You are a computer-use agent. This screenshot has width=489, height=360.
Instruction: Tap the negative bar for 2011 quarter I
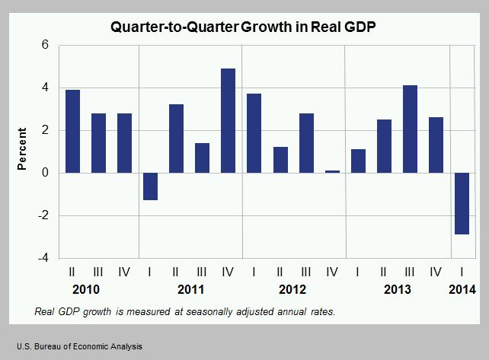point(150,186)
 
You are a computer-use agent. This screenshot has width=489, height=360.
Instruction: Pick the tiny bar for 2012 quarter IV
point(332,172)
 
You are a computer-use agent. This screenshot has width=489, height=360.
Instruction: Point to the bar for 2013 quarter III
point(411,129)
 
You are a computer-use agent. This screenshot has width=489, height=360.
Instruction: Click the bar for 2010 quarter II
point(72,131)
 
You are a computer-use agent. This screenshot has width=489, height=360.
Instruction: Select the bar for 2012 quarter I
point(254,133)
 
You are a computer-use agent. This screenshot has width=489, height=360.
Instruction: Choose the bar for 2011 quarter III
point(202,158)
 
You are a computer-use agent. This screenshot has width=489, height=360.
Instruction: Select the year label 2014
point(462,290)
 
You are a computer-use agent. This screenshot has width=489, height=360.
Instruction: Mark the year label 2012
point(292,290)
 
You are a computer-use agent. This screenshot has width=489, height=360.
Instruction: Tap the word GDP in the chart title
point(364,24)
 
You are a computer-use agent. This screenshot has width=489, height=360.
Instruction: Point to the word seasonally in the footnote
point(194,312)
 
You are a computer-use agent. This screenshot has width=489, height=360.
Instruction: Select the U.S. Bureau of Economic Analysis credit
point(74,346)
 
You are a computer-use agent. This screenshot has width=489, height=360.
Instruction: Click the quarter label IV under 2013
point(436,271)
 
